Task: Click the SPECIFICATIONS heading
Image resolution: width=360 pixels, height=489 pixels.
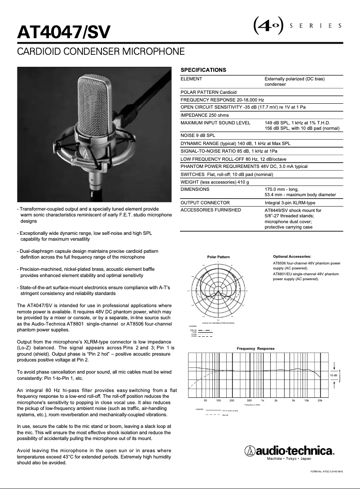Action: (203, 70)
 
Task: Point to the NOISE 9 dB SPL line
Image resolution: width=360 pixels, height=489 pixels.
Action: (198, 135)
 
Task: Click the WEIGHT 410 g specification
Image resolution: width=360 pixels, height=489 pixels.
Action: (215, 182)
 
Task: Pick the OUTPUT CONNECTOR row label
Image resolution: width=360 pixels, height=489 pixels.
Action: (205, 203)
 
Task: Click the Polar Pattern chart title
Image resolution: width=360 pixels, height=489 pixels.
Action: (218, 257)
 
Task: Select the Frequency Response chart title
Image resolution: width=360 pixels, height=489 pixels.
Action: (255, 348)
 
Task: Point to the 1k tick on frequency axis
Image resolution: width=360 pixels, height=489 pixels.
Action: (263, 400)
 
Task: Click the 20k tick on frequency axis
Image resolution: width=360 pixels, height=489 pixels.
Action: (320, 400)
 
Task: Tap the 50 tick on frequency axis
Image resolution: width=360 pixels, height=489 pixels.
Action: (205, 400)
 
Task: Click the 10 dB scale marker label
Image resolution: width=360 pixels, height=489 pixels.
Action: (334, 375)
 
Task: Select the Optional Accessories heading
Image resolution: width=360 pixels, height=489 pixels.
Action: (292, 256)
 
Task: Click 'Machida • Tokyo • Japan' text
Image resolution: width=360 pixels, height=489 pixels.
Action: (289, 459)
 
